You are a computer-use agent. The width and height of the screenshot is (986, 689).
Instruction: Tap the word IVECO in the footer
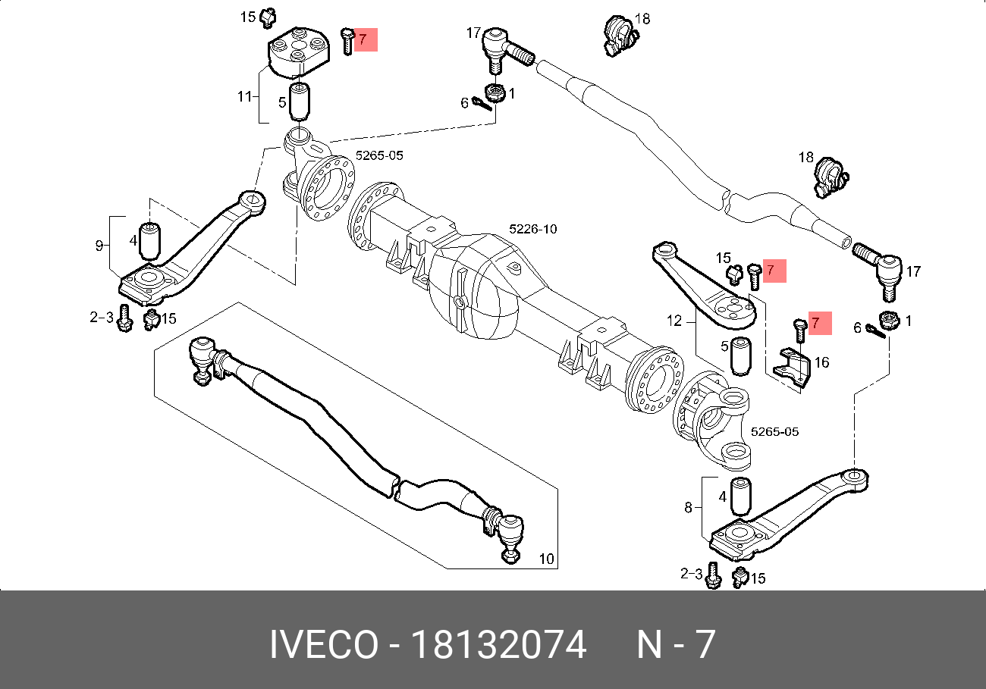click(324, 646)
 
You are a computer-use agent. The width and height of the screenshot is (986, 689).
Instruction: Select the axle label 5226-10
click(532, 229)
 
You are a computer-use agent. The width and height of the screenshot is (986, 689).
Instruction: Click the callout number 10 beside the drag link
click(546, 559)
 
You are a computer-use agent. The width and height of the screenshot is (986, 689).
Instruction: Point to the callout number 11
click(244, 97)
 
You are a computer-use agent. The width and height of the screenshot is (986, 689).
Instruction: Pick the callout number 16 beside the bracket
click(821, 363)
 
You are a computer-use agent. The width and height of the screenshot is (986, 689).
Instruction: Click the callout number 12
click(675, 321)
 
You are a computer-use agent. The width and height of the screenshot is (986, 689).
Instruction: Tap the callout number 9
click(99, 245)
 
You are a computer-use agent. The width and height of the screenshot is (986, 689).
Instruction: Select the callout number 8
click(689, 508)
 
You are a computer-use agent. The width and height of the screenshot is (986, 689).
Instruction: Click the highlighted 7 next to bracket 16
click(816, 323)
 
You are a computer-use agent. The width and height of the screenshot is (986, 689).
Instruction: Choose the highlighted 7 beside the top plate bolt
click(363, 39)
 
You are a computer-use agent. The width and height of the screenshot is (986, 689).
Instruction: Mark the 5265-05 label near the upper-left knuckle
click(379, 155)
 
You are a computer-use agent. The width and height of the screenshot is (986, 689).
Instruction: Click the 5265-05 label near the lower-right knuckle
click(774, 432)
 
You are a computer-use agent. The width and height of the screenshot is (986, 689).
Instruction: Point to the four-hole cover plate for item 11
click(299, 51)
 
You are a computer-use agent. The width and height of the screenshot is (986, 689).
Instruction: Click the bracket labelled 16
click(794, 369)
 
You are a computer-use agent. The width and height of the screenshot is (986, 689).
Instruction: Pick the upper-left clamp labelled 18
click(617, 34)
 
